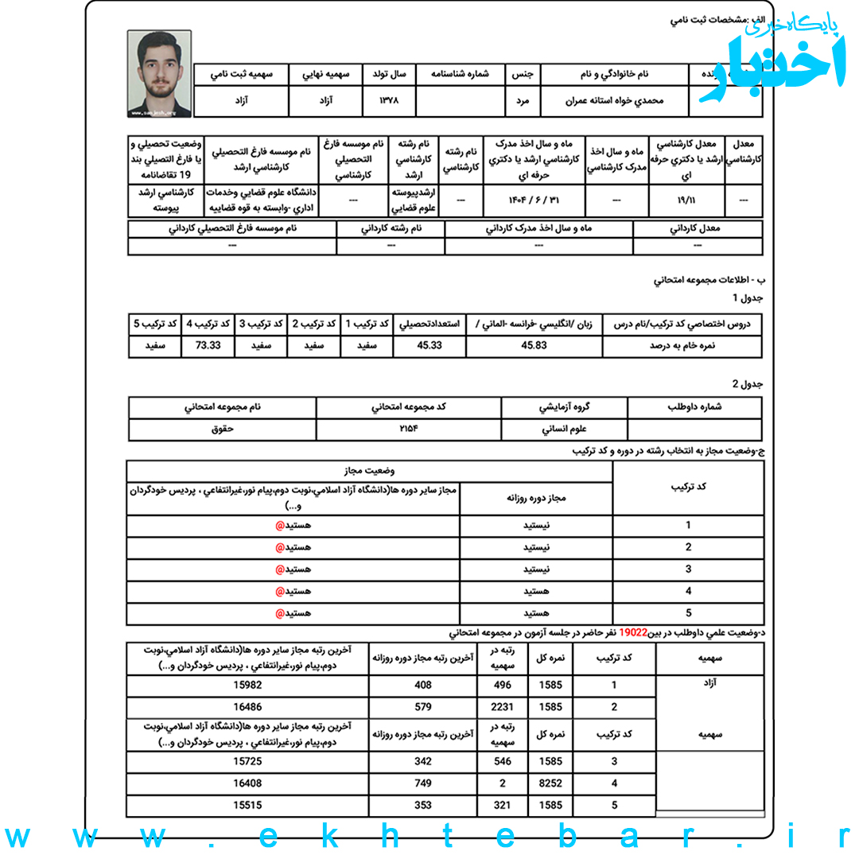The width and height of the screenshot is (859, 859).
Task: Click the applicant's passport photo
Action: pos(159,74)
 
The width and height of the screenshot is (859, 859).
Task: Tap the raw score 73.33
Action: pos(207,346)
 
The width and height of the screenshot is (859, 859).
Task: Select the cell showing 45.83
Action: pos(534,346)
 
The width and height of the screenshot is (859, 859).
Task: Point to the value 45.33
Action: pos(429,346)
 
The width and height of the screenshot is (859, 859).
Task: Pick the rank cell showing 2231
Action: pos(503,706)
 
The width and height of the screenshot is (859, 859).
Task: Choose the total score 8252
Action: pos(550,783)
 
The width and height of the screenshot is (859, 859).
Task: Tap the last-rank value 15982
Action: pos(247,685)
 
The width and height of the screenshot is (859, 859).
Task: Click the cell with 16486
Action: pos(247,706)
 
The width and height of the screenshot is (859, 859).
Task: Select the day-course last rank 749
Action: pos(423,783)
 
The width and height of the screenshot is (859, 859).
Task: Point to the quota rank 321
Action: pos(503,805)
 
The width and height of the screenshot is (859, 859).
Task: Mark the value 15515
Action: pos(247,805)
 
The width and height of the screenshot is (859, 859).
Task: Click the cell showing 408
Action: pos(423,685)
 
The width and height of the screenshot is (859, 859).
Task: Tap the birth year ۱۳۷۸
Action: pos(389,102)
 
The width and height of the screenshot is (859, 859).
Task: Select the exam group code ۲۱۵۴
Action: pos(409,429)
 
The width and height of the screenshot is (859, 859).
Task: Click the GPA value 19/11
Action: pos(686,201)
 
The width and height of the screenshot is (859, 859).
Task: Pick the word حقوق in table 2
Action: pos(222,429)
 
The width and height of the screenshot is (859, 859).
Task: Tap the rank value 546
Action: pos(503,761)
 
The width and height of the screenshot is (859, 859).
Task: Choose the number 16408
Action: pos(247,783)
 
